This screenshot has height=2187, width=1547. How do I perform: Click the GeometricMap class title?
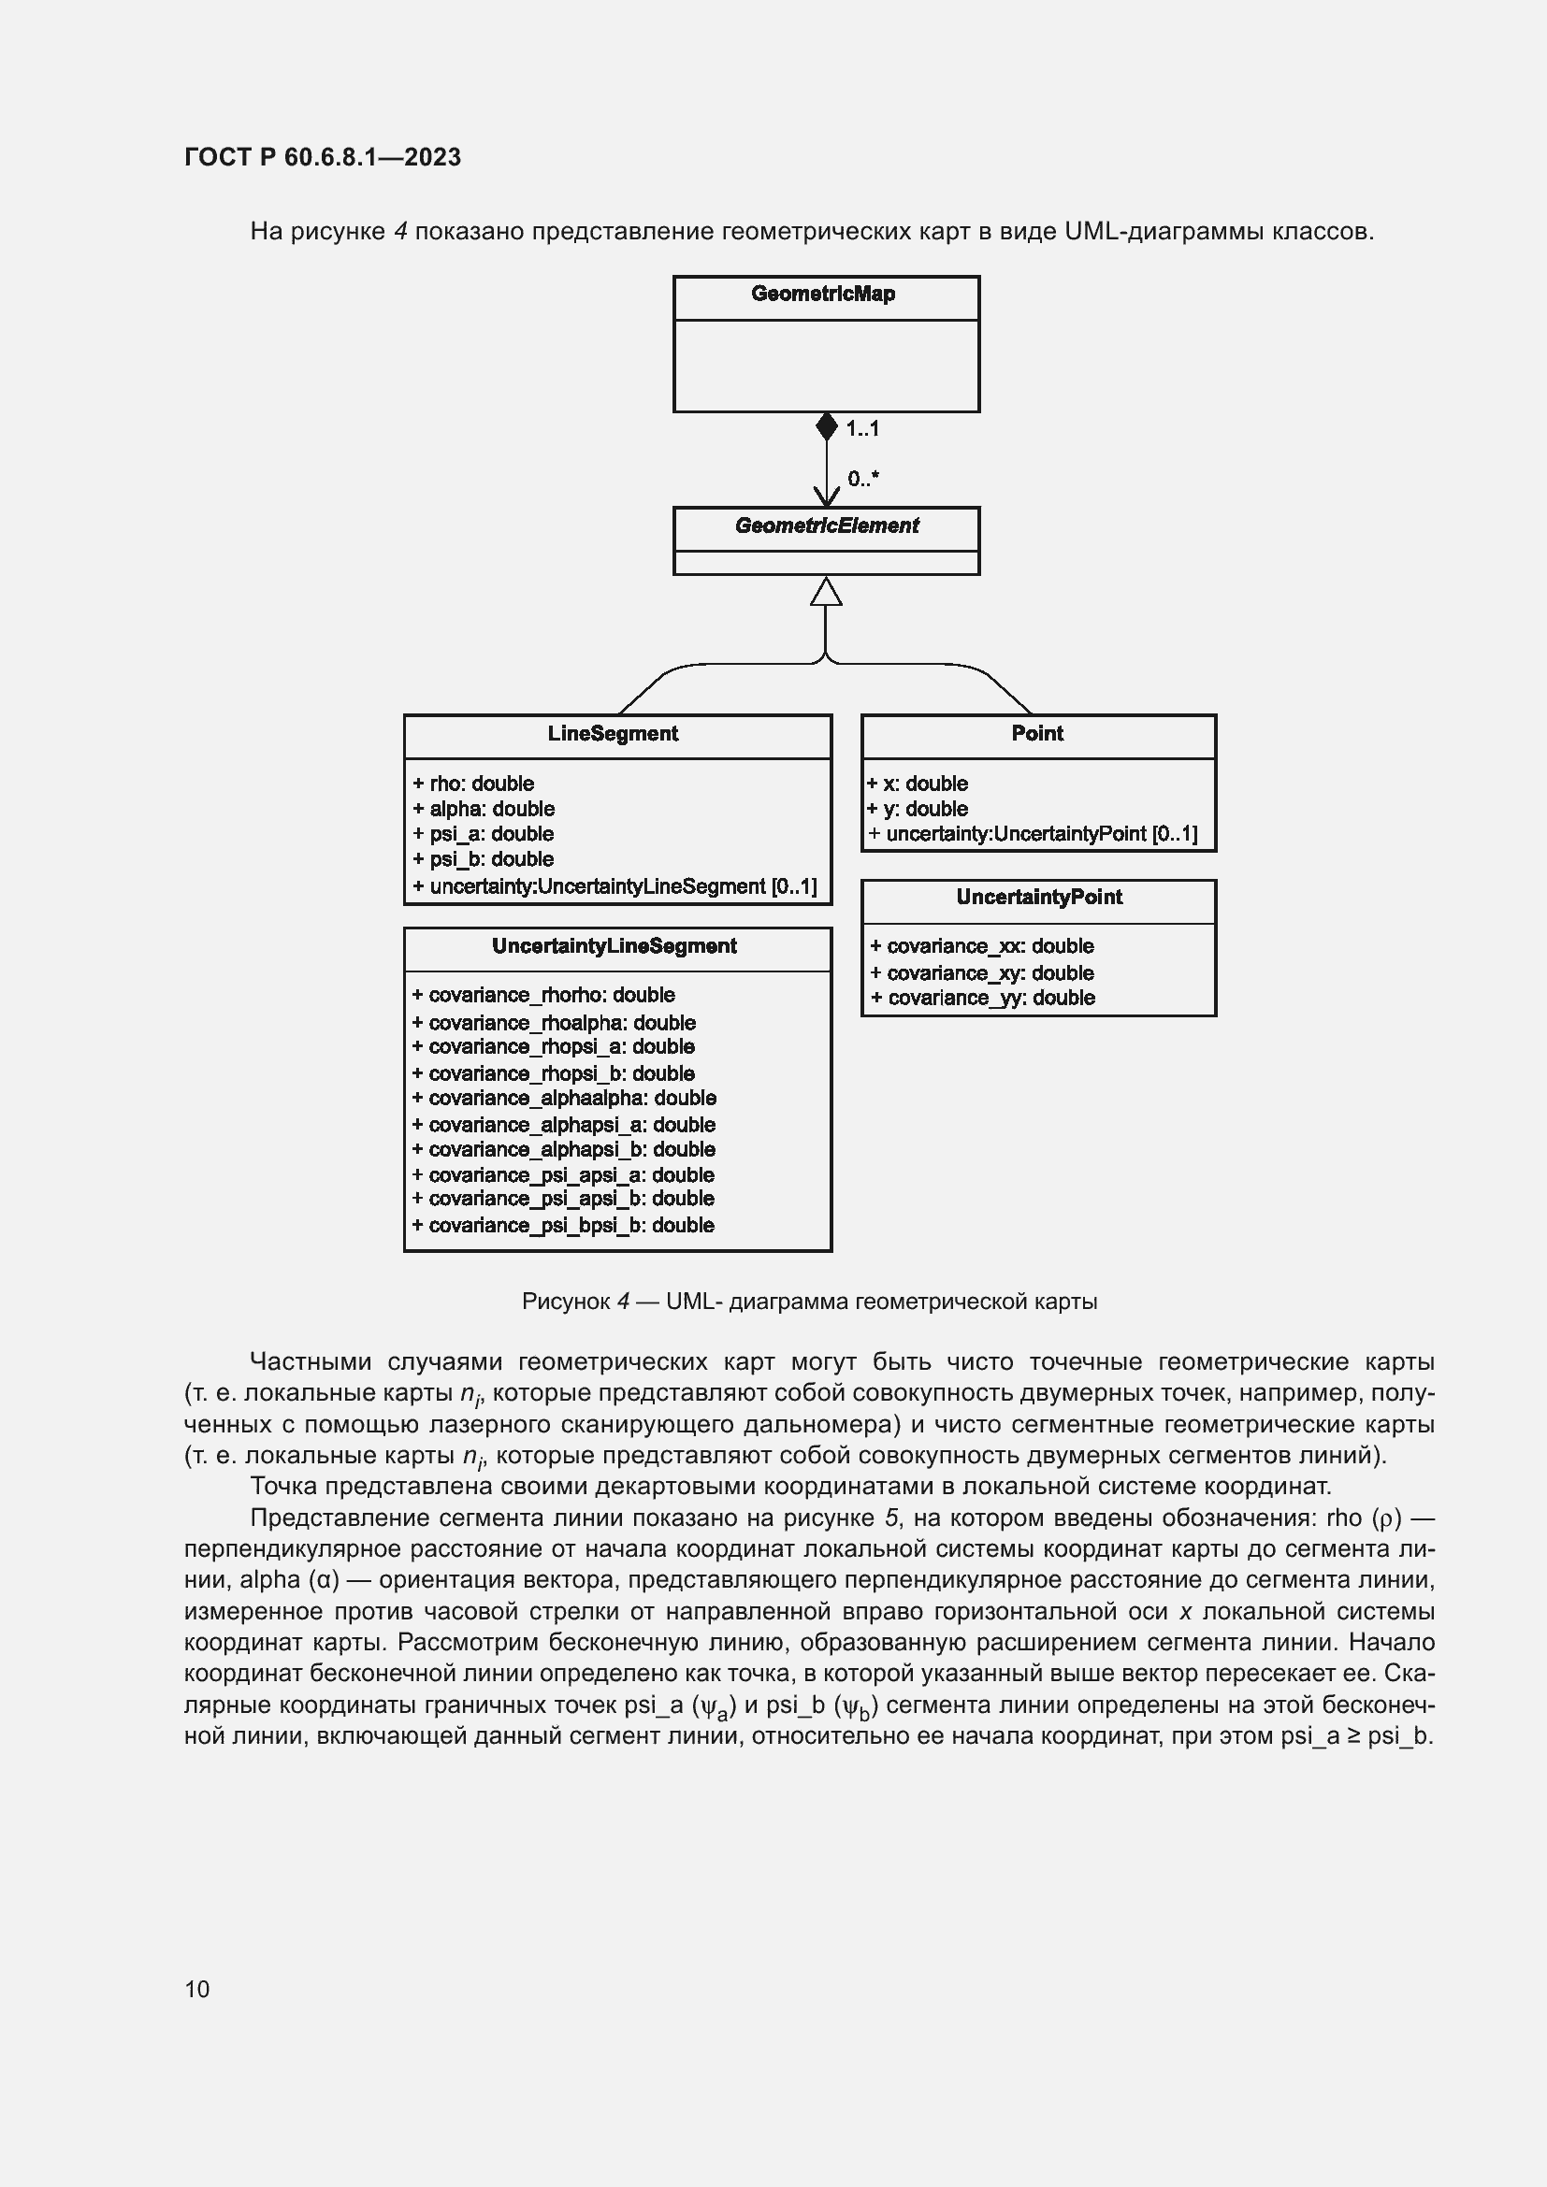[823, 295]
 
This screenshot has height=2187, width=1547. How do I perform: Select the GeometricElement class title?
[826, 525]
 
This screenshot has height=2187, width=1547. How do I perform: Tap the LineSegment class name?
[613, 733]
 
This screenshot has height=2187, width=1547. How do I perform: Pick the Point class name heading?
[1037, 733]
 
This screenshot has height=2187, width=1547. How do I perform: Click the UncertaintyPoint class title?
[1039, 898]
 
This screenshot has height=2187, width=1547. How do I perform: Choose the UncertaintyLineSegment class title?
[614, 946]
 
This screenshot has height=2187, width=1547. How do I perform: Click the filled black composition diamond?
[826, 426]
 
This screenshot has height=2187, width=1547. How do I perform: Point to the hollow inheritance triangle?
[826, 592]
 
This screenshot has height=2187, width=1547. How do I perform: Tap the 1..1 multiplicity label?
[863, 429]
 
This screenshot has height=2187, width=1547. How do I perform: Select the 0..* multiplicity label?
[863, 479]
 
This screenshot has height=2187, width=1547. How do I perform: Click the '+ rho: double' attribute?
[473, 784]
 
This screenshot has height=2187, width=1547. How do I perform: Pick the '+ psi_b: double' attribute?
[483, 859]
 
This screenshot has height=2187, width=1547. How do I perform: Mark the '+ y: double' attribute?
[918, 809]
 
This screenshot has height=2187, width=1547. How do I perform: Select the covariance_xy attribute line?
[982, 973]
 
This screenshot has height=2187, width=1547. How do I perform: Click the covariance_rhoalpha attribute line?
[554, 1023]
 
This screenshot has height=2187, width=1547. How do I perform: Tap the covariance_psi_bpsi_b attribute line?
[563, 1226]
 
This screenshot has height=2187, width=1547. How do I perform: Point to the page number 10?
[197, 1989]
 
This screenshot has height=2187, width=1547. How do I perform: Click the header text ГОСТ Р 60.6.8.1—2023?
[322, 157]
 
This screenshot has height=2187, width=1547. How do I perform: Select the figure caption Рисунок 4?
[809, 1302]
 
